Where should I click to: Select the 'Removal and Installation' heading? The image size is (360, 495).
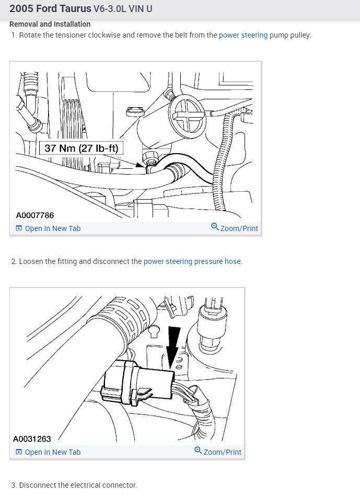pyautogui.click(x=50, y=24)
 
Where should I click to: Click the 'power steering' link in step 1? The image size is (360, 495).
pyautogui.click(x=243, y=35)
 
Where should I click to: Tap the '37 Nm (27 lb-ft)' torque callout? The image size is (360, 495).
pyautogui.click(x=82, y=148)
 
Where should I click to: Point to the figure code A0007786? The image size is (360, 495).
pyautogui.click(x=35, y=215)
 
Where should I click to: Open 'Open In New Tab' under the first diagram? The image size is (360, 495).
pyautogui.click(x=52, y=228)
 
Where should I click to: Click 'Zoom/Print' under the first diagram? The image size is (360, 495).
pyautogui.click(x=239, y=228)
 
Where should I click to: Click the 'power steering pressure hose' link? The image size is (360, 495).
pyautogui.click(x=192, y=261)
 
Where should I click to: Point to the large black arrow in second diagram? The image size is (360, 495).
pyautogui.click(x=173, y=342)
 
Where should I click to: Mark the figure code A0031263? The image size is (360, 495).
pyautogui.click(x=32, y=439)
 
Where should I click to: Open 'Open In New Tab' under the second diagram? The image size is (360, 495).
pyautogui.click(x=52, y=452)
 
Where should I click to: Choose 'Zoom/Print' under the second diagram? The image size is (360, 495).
pyautogui.click(x=222, y=452)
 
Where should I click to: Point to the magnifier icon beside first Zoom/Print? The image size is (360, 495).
pyautogui.click(x=215, y=227)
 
